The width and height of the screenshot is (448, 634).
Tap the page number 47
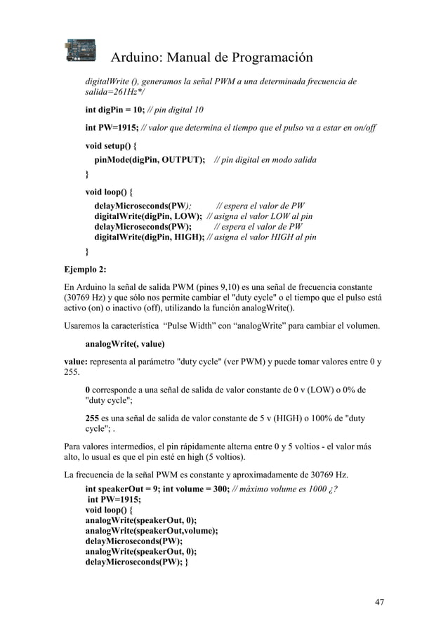[x=380, y=602]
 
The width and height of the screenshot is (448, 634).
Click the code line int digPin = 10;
[x=114, y=110]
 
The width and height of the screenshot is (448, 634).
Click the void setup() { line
[x=112, y=146]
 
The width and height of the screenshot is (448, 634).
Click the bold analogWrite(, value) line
[x=125, y=344]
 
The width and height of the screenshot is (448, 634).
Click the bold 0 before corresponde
[x=88, y=390]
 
